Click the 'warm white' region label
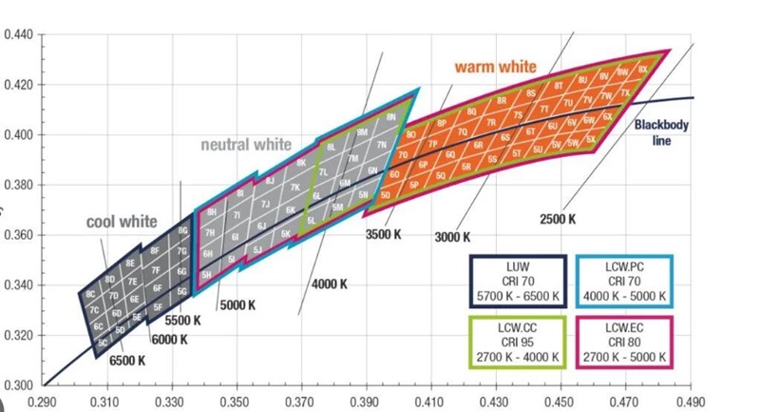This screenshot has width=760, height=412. [495, 68]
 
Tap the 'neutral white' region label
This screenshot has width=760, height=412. [245, 146]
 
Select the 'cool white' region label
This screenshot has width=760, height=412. [122, 222]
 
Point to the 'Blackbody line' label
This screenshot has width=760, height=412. [662, 132]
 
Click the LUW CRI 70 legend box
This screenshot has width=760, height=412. [518, 281]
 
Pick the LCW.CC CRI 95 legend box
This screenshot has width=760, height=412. [518, 342]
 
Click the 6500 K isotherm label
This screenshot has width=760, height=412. [126, 361]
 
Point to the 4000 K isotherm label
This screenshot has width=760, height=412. [329, 284]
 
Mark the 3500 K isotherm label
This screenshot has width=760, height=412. [385, 233]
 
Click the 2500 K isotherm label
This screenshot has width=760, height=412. [558, 219]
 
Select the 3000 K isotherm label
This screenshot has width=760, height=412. [452, 237]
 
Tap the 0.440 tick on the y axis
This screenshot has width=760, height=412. [18, 35]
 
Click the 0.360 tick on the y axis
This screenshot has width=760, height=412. [18, 235]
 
